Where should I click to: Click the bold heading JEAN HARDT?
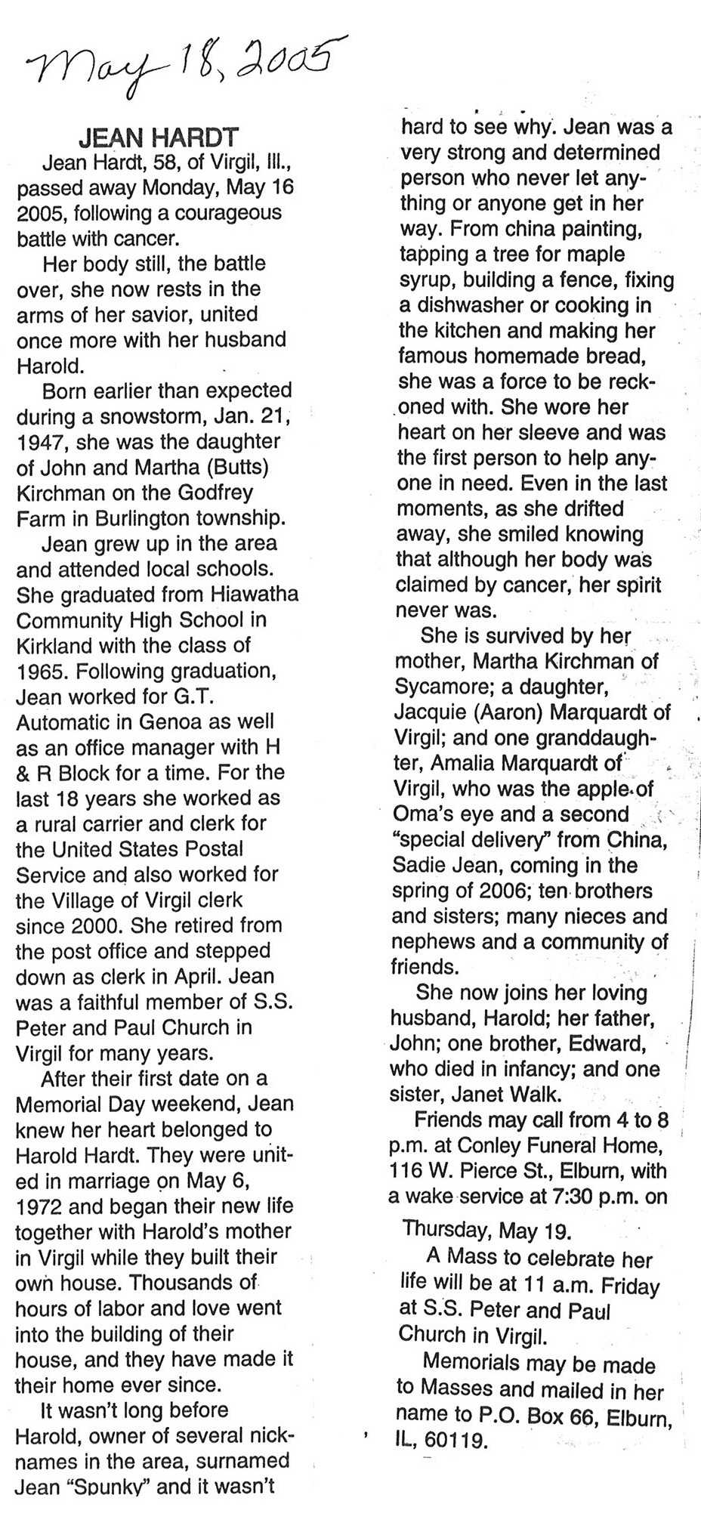(159, 138)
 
